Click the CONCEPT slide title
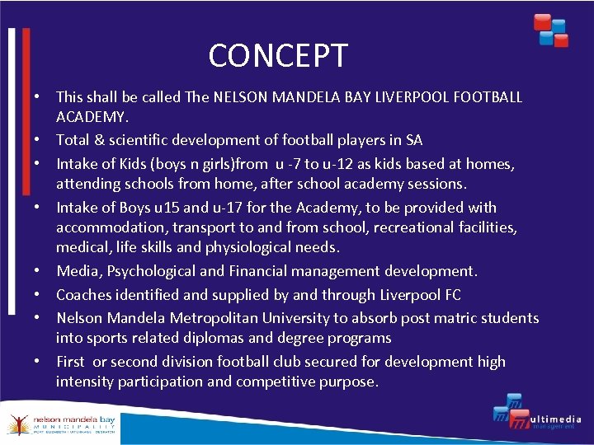(x=278, y=56)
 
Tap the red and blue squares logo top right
(x=550, y=30)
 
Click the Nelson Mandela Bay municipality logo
(x=61, y=423)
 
